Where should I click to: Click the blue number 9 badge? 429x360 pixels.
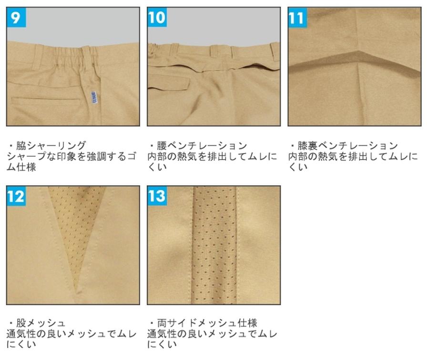pos(16,17)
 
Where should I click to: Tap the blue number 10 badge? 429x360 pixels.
pos(157,17)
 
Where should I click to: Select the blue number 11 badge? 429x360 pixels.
pos(297,18)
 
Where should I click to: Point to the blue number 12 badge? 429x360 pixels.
pos(16,196)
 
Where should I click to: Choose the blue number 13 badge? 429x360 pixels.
pos(157,196)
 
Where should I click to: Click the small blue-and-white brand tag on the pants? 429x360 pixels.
pos(92,97)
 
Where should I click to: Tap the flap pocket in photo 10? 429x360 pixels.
pos(169,83)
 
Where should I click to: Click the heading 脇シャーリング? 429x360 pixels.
pos(51,145)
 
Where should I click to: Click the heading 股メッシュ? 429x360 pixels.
pos(41,323)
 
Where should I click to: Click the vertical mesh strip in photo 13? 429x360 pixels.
pos(214,245)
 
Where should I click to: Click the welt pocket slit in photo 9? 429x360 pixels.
pos(46,99)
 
